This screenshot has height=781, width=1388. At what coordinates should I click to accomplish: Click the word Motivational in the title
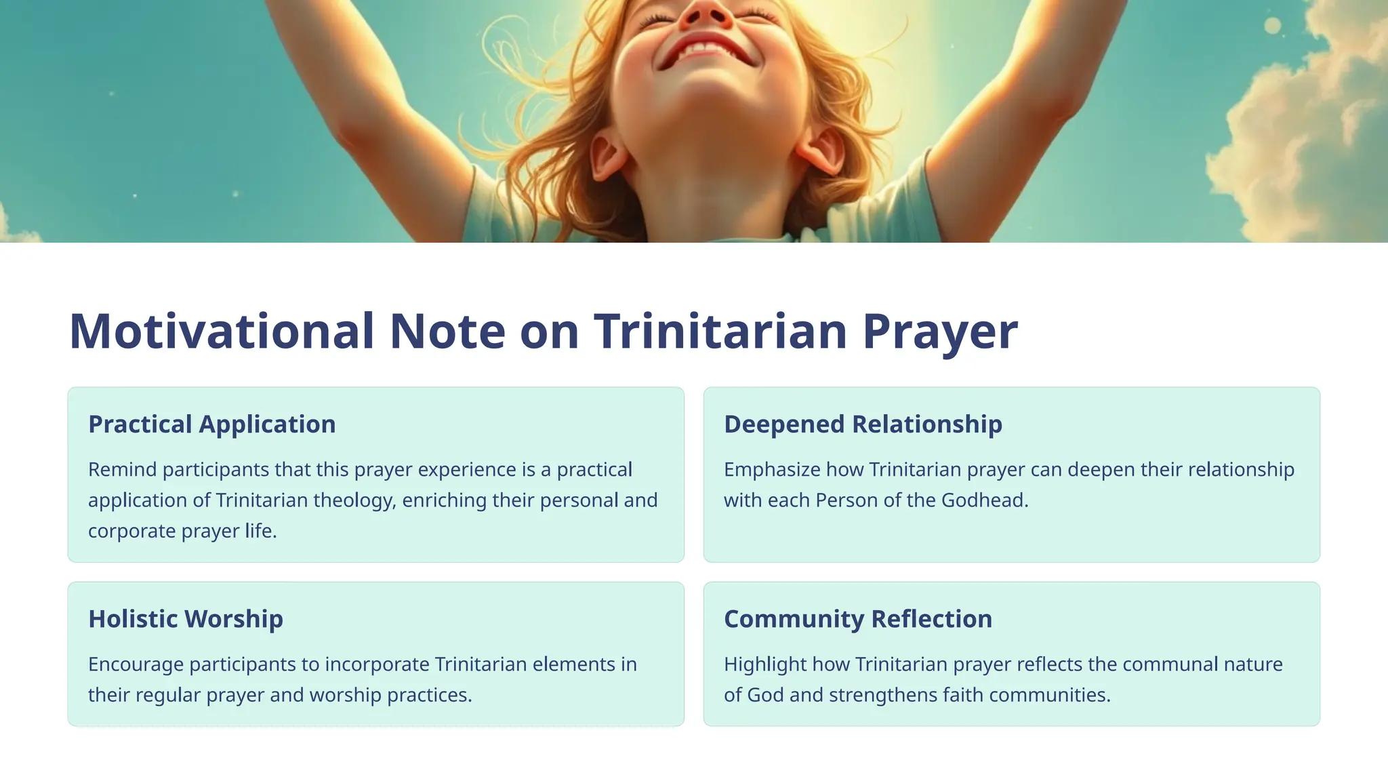click(222, 332)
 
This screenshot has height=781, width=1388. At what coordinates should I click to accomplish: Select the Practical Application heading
click(212, 424)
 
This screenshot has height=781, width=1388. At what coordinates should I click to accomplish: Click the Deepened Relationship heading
click(863, 424)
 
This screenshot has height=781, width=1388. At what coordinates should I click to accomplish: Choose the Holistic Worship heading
click(186, 619)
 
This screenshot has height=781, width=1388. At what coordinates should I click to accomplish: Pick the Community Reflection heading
click(858, 619)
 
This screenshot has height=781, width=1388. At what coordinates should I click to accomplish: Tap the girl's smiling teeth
click(705, 49)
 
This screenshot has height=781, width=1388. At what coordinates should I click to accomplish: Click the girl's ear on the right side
click(822, 151)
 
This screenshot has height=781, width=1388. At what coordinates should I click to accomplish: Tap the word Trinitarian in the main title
click(720, 332)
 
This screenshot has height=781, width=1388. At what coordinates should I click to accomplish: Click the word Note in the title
click(447, 332)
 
